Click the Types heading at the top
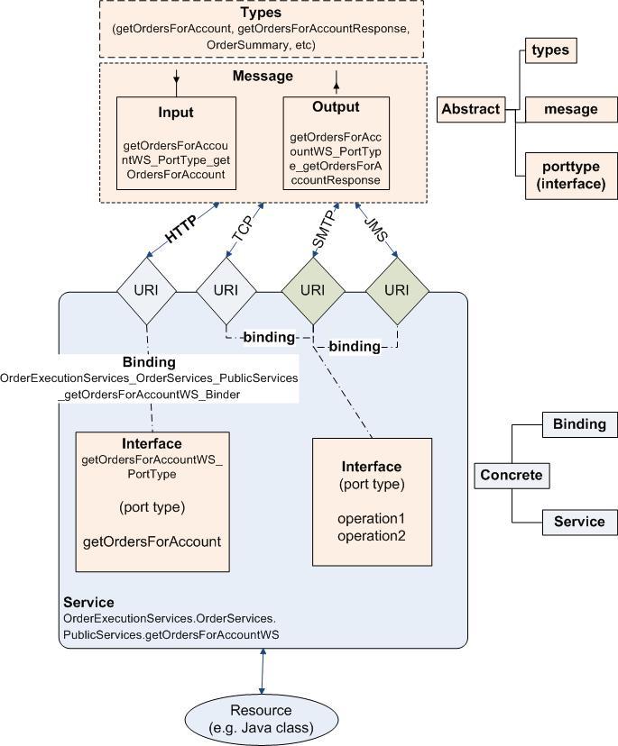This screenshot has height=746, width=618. tap(260, 14)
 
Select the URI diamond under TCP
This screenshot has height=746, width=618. tap(226, 290)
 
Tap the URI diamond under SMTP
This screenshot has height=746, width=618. tap(312, 290)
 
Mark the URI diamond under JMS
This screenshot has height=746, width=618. tap(396, 290)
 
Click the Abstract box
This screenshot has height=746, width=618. tap(470, 109)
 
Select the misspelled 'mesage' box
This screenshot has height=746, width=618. tap(570, 109)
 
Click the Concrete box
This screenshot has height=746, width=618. tap(511, 475)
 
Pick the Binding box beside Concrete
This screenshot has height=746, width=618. tap(579, 424)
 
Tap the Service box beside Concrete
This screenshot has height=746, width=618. tap(579, 522)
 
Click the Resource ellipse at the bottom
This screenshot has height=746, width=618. tap(261, 717)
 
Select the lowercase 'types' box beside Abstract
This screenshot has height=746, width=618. tap(549, 50)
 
